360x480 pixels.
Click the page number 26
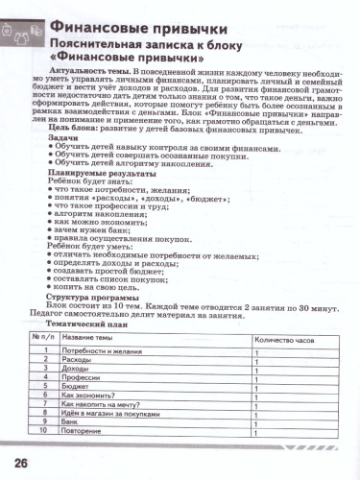pos(20,464)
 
